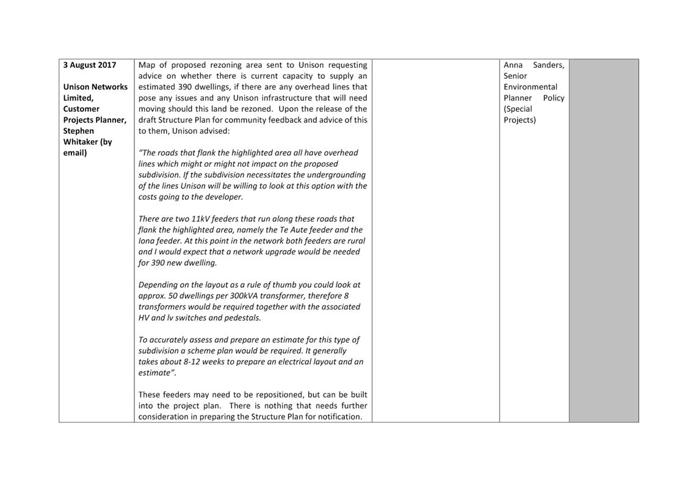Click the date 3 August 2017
coord(89,65)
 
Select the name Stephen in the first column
coord(79,131)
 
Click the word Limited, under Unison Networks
coord(78,98)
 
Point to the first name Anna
coord(513,65)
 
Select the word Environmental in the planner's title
coord(530,87)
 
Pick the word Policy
coord(553,98)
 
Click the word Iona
coord(147,241)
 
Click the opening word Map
coord(147,65)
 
